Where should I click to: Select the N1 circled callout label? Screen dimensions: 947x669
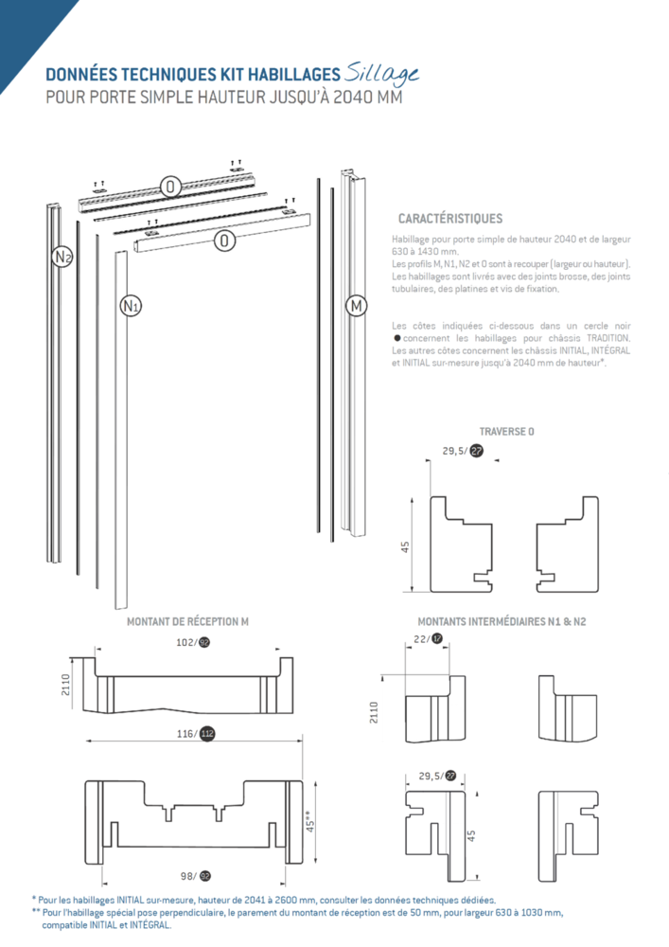(131, 305)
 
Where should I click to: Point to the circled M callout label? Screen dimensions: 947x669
(356, 305)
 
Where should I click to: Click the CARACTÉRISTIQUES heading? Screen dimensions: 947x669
(450, 219)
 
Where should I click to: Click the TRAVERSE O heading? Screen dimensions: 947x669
(506, 431)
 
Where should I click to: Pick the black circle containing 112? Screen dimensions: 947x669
(207, 733)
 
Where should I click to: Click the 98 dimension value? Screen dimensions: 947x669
(188, 876)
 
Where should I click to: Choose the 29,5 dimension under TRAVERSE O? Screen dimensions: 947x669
(454, 452)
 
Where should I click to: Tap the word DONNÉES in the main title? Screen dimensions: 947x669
(82, 74)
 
